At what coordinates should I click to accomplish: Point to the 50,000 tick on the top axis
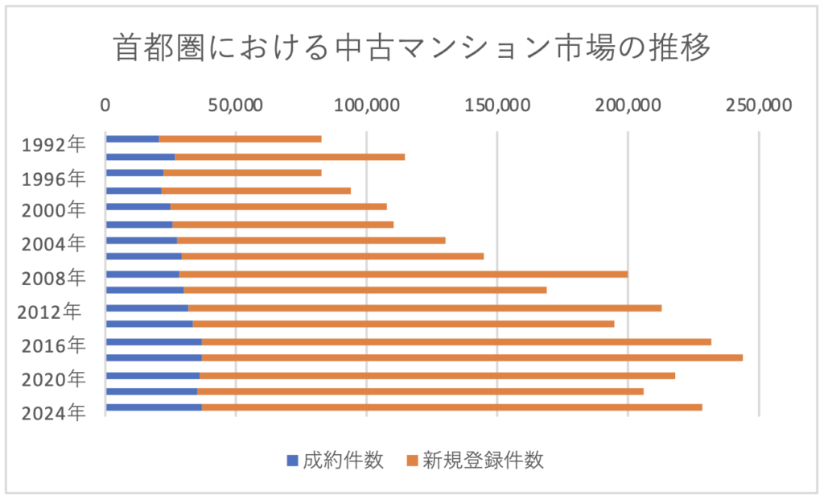(235, 105)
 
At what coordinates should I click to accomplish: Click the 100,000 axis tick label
(366, 105)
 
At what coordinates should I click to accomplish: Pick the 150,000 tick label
(496, 105)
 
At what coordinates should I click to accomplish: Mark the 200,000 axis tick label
(628, 105)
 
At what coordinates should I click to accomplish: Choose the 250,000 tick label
(758, 105)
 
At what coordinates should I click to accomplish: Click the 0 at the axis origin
(105, 105)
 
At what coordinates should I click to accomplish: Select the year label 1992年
(53, 146)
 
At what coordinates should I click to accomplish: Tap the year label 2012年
(50, 312)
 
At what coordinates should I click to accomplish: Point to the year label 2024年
(53, 413)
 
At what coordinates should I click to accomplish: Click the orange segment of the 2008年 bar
(402, 274)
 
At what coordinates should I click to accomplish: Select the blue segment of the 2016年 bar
(153, 341)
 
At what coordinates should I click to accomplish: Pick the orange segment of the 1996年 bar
(241, 172)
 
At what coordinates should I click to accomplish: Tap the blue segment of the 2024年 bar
(153, 407)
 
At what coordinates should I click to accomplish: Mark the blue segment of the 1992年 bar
(132, 139)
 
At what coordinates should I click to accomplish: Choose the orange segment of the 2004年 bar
(311, 240)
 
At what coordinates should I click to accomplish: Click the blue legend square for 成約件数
(292, 461)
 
